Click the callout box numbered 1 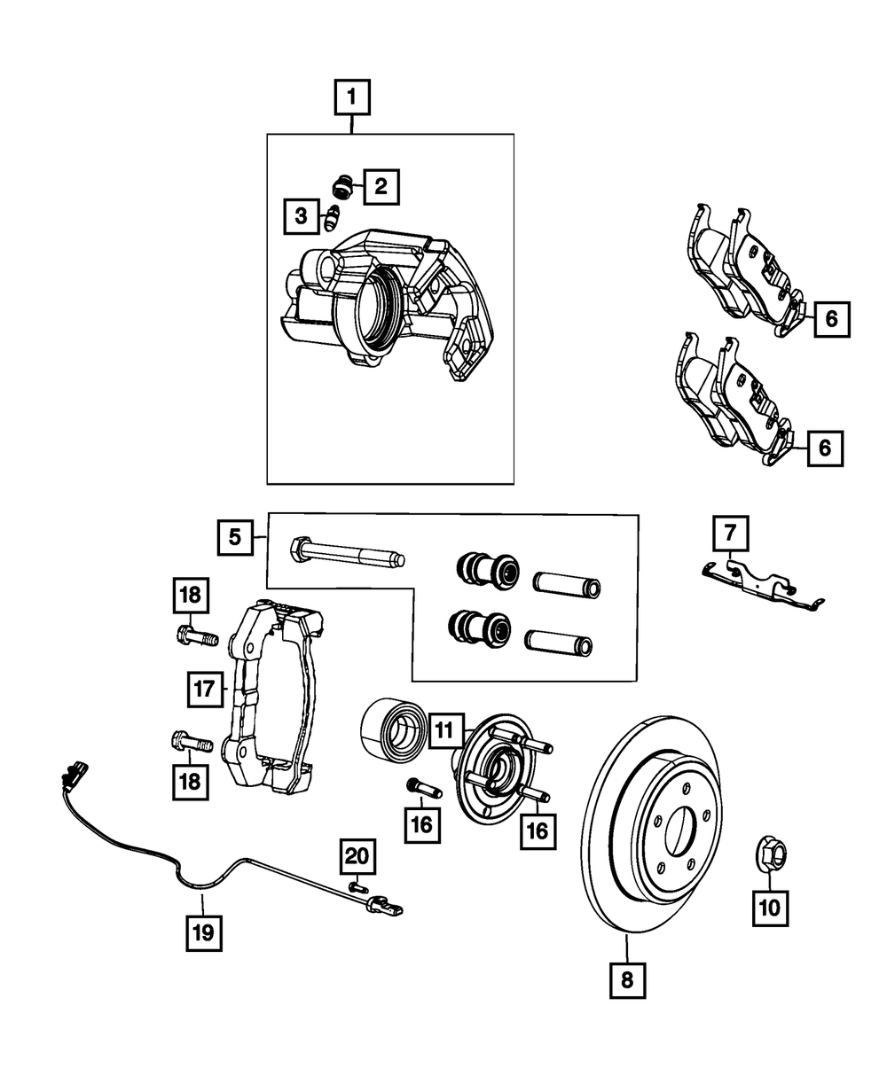coord(352,97)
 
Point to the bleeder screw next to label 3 coord(332,216)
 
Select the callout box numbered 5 coord(235,536)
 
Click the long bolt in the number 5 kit coord(347,553)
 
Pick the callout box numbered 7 coord(730,534)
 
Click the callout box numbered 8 coord(627,980)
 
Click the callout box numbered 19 coord(203,932)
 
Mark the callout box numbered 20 coord(356,856)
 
